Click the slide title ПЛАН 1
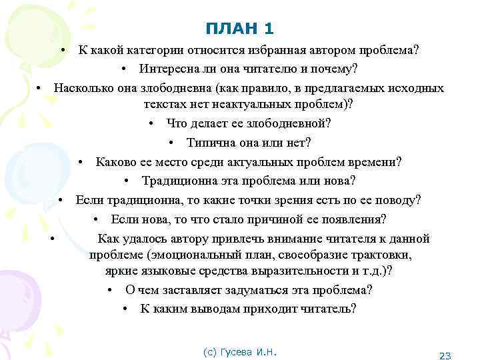click(x=239, y=28)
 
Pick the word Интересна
click(x=168, y=69)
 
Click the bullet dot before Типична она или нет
click(x=172, y=143)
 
